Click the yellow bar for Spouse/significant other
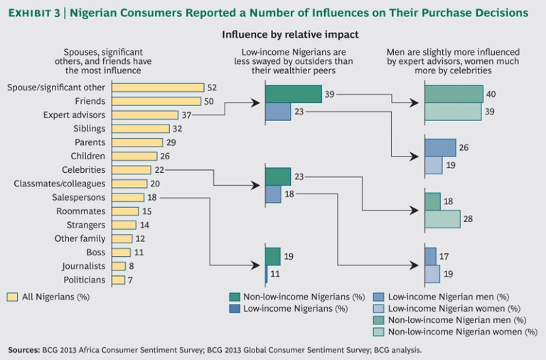pyautogui.click(x=158, y=88)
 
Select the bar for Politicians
pyautogui.click(x=118, y=280)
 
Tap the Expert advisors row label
pyautogui.click(x=74, y=115)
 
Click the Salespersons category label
pyautogui.click(x=79, y=197)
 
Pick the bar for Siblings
pyautogui.click(x=141, y=129)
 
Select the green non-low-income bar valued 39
pyautogui.click(x=293, y=94)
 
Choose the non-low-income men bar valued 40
pyautogui.click(x=454, y=94)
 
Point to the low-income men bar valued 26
pyautogui.click(x=441, y=147)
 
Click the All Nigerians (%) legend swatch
pyautogui.click(x=12, y=297)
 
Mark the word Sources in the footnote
pyautogui.click(x=23, y=349)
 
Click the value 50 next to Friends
pyautogui.click(x=209, y=102)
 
